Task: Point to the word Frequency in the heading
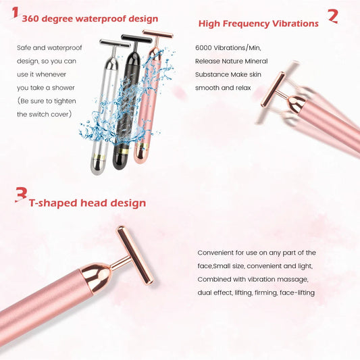point(255,24)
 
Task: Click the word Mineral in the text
point(253,61)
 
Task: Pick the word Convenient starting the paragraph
point(219,253)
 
